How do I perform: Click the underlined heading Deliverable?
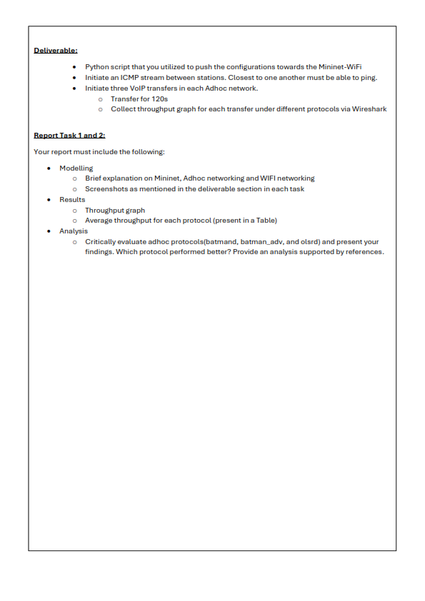[56, 50]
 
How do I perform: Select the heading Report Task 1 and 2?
[69, 135]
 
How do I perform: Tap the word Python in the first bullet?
[96, 66]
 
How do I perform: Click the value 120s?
[159, 99]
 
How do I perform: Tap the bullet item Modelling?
[76, 168]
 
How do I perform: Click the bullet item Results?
[72, 200]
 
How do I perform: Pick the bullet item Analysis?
[74, 231]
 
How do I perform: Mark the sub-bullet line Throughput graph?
[114, 211]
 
